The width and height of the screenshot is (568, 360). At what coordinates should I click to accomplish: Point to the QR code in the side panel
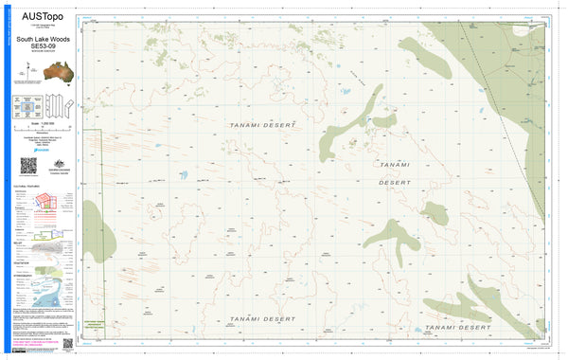pos(27,165)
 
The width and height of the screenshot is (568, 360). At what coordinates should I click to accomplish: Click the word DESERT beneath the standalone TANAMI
pos(395,181)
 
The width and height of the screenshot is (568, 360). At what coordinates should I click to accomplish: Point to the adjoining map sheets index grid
pos(28,106)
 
